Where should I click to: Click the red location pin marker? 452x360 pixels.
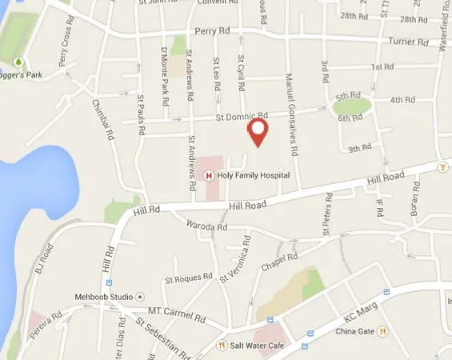258,131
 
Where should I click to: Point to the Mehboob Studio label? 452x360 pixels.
104,294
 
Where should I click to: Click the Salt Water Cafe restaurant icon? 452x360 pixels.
222,346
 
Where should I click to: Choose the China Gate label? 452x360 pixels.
356,331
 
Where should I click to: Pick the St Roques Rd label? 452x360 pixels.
186,280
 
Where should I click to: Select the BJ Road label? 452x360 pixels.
46,258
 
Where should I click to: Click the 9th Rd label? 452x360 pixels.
359,147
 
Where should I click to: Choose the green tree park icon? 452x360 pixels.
17,61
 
